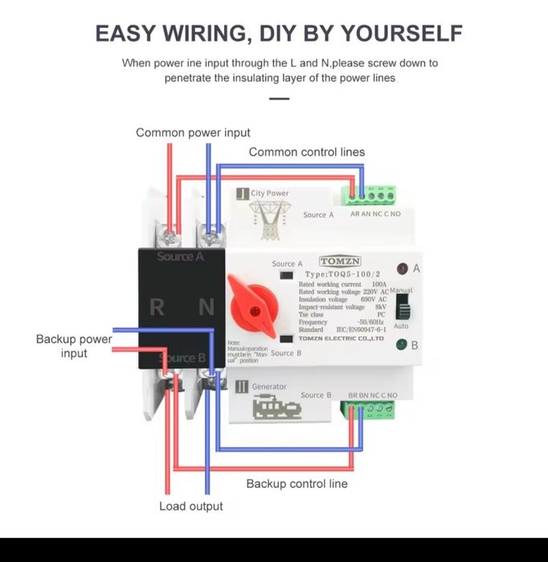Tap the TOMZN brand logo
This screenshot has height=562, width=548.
pyautogui.click(x=341, y=262)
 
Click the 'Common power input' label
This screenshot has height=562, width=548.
pyautogui.click(x=193, y=132)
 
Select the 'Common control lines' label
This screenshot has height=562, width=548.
pyautogui.click(x=306, y=152)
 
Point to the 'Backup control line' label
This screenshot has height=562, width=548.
pyautogui.click(x=296, y=483)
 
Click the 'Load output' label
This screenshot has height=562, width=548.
pyautogui.click(x=190, y=506)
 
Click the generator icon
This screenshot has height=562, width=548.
pyautogui.click(x=276, y=408)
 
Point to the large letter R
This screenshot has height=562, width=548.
pyautogui.click(x=158, y=307)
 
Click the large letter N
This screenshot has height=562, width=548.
pyautogui.click(x=207, y=307)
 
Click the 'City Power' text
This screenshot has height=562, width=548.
pyautogui.click(x=269, y=193)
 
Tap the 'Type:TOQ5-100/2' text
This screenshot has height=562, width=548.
pyautogui.click(x=346, y=275)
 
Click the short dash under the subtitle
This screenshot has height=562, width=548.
pyautogui.click(x=278, y=99)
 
